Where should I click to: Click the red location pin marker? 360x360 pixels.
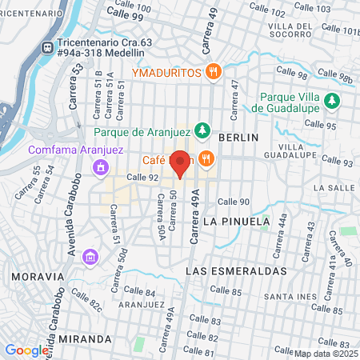181,164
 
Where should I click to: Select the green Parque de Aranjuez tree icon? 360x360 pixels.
204,130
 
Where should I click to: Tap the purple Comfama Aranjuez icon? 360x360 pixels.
99,167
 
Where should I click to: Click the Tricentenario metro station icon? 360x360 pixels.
47,47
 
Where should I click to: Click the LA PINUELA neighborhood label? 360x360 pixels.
233,219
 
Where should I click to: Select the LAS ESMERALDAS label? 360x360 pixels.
236,271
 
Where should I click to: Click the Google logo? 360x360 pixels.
26,350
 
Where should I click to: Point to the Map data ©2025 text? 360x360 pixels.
326,353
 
